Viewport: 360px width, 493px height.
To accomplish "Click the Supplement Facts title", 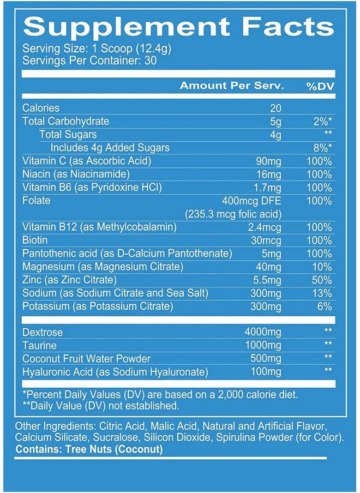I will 179,26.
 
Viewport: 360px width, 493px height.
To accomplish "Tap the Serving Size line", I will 97,49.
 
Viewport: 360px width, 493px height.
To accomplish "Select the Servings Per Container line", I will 89,61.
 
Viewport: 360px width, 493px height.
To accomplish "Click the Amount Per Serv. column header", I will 232,86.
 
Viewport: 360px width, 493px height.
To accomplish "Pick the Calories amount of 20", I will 276,108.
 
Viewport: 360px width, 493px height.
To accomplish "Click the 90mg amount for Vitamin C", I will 269,161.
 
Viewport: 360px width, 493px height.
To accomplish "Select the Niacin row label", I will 76,174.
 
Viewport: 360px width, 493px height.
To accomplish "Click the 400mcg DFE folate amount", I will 251,200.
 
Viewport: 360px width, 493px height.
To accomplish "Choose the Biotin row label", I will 35,240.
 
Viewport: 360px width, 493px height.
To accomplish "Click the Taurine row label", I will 39,345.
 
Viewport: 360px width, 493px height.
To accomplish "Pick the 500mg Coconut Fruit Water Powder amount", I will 266,358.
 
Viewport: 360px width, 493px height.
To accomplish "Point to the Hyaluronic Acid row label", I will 116,371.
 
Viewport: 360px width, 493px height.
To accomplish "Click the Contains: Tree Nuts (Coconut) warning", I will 89,449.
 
